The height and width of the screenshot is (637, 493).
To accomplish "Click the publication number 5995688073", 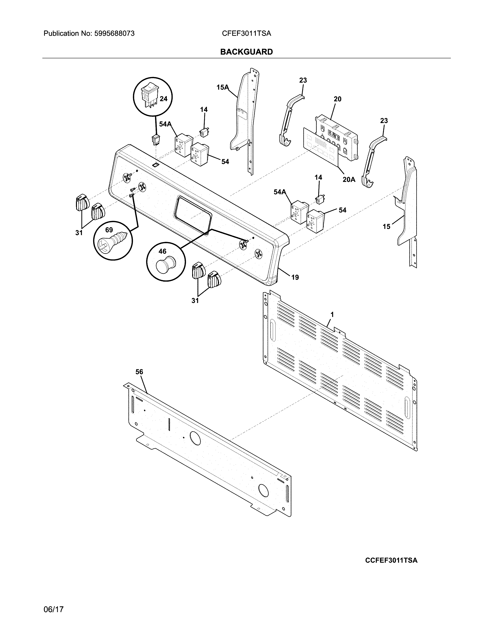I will click(x=114, y=34).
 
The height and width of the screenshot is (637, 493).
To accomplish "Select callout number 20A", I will click(x=349, y=179).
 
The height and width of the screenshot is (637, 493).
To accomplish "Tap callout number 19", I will click(x=295, y=277).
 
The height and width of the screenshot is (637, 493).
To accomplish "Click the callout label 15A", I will click(x=223, y=87).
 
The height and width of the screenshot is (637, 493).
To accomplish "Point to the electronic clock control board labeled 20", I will click(x=336, y=137).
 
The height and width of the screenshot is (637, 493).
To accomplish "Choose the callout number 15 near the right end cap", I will click(x=386, y=226).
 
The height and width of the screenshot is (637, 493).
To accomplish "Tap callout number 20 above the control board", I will click(x=337, y=99).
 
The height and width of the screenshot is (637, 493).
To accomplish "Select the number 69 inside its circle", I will click(x=109, y=230).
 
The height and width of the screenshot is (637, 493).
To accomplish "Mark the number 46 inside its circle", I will click(x=162, y=251).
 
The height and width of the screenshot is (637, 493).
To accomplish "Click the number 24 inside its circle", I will click(x=164, y=99).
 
